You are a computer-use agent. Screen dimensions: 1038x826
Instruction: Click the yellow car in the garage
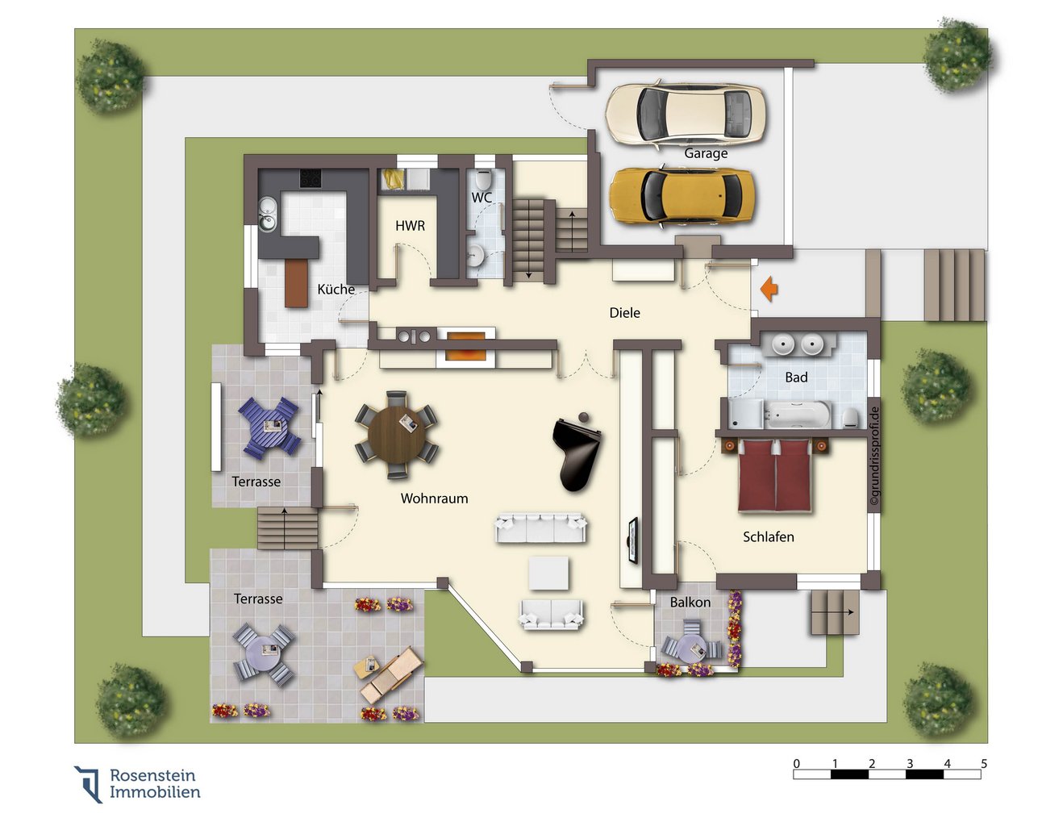pos(681,196)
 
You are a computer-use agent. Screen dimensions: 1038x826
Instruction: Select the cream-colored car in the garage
pos(685,114)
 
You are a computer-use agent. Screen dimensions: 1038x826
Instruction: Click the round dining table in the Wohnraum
pos(397,436)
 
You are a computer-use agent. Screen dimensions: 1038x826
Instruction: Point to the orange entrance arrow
pos(769,289)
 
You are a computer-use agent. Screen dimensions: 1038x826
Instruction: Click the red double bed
pos(774,476)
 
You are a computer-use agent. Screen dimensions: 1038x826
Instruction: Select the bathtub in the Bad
pos(798,415)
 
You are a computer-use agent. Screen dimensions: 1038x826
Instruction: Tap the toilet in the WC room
pos(482,179)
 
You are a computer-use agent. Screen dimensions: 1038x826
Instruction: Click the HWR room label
pos(410,225)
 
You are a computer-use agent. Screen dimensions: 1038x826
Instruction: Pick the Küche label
pos(336,289)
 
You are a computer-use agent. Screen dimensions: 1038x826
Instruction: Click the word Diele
pos(624,313)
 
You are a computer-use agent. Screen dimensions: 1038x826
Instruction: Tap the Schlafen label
pos(769,536)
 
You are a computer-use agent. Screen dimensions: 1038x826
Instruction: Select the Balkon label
pos(690,602)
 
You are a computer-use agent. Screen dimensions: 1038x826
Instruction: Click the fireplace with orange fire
pos(465,346)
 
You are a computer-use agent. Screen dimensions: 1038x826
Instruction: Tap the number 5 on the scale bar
pos(983,763)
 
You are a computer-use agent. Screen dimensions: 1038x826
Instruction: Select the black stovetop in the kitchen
pos(311,178)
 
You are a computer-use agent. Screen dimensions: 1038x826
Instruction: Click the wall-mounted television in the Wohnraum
pos(632,540)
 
